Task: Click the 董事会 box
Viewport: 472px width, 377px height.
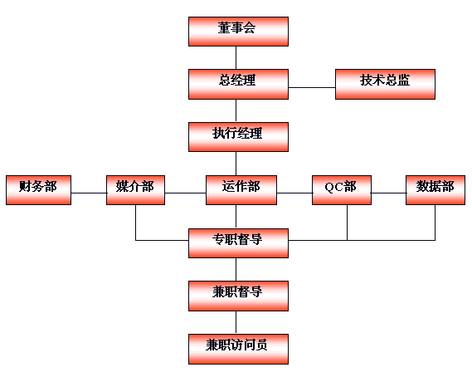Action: [x=238, y=32]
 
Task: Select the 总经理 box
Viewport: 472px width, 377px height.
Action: [x=238, y=84]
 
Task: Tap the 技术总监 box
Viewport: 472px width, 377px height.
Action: [x=385, y=84]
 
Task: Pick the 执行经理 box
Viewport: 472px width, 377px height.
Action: [x=238, y=137]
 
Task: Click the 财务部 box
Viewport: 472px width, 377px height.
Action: [x=38, y=190]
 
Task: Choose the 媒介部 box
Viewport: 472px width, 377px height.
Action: [x=135, y=190]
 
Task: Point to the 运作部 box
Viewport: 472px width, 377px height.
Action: [x=241, y=190]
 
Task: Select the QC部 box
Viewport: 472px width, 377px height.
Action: [x=342, y=190]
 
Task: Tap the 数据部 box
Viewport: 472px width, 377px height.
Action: [x=436, y=190]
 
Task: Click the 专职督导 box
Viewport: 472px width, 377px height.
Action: [x=238, y=243]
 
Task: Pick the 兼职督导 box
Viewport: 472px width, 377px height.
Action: [x=238, y=296]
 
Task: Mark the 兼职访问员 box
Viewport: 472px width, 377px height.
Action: [x=238, y=349]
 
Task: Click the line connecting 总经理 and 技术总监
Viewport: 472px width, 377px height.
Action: [x=312, y=88]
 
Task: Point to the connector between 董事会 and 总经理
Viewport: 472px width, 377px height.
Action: [x=236, y=57]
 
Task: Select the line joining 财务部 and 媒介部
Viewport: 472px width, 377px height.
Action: [x=89, y=193]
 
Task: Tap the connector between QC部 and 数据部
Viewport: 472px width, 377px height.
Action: [x=388, y=193]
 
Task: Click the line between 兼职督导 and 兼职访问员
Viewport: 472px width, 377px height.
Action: [x=236, y=322]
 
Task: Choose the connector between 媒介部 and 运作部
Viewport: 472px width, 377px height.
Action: [x=186, y=193]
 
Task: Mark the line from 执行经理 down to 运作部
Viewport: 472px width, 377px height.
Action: [x=236, y=164]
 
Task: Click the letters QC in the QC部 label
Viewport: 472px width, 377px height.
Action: [x=333, y=187]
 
